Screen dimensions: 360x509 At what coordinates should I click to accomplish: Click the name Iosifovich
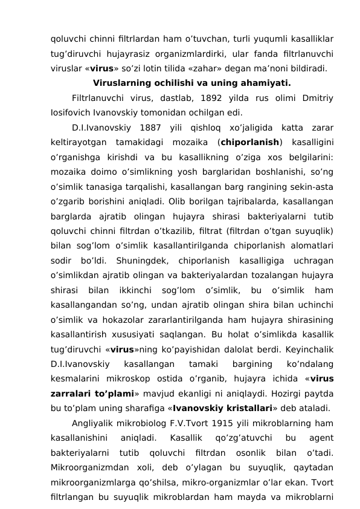click(x=73, y=112)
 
